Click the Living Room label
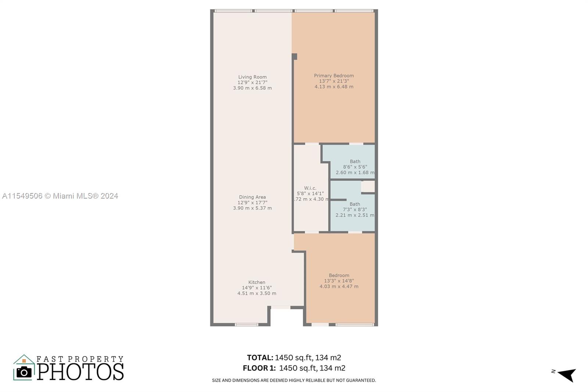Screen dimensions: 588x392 252,77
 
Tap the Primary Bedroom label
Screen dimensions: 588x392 334,76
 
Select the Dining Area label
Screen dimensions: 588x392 252,197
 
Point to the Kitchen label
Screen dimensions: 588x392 257,282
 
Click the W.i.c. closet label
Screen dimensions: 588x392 310,188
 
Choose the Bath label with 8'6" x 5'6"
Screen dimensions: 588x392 355,161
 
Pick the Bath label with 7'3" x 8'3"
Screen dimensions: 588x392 355,204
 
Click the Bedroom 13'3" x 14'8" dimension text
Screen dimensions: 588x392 339,281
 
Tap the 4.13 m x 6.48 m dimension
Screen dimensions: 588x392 334,87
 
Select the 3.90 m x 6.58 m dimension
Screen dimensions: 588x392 252,88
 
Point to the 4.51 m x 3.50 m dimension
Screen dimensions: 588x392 257,293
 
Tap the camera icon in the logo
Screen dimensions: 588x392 24,372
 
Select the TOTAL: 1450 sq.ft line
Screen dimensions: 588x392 294,357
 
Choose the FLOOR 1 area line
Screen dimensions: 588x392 294,368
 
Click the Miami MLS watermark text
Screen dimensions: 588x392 60,196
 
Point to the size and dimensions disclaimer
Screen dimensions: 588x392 294,380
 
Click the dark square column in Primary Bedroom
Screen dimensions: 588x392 294,57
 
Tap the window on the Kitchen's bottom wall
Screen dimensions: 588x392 246,325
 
